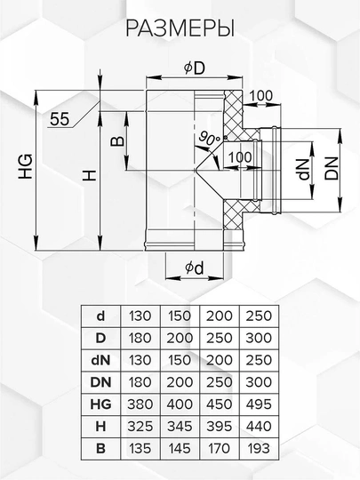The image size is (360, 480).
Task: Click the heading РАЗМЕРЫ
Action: click(x=180, y=28)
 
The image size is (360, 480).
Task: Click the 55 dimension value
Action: click(x=60, y=119)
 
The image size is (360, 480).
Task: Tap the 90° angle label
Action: click(x=209, y=138)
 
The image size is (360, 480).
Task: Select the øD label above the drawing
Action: click(x=195, y=68)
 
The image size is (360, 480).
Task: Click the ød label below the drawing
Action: click(x=194, y=268)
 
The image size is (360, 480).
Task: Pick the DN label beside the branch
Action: click(x=332, y=168)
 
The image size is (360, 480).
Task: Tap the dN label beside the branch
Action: click(x=305, y=168)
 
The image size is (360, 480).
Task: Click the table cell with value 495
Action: click(x=259, y=404)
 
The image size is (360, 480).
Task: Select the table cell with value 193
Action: click(x=259, y=449)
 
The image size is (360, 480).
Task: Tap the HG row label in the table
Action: click(x=100, y=404)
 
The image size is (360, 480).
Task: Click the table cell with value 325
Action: click(x=140, y=427)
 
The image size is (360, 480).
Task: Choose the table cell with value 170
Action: click(x=220, y=449)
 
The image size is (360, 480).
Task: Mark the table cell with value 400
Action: click(x=180, y=404)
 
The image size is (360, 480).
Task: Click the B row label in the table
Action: click(x=100, y=449)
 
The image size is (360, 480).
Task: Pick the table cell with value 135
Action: click(x=140, y=449)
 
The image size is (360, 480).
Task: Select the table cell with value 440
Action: click(x=259, y=427)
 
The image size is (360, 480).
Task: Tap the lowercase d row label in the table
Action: click(x=100, y=316)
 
